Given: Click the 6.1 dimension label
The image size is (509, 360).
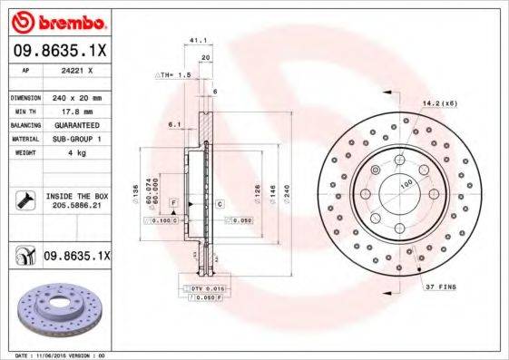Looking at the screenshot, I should tap(175, 125).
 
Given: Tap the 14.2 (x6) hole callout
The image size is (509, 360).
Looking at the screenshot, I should tap(438, 105).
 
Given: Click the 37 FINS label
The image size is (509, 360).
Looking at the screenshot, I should tap(441, 287).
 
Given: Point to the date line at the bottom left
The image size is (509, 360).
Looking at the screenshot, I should tap(54, 355).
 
